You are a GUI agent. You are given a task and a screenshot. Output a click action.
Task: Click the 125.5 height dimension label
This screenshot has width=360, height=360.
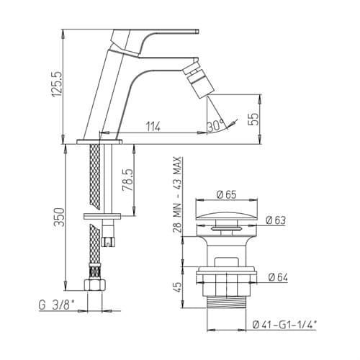(58, 84)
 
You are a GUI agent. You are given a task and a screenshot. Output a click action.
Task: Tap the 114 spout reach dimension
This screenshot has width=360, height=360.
(153, 127)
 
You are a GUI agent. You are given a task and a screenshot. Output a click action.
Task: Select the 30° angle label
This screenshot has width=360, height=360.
(216, 126)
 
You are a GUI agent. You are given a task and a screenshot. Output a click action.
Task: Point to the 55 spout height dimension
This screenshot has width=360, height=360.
(253, 119)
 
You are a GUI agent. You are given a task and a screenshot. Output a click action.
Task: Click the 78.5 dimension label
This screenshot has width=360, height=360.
(127, 179)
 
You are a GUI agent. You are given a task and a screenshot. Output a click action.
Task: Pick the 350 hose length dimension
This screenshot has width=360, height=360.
(59, 217)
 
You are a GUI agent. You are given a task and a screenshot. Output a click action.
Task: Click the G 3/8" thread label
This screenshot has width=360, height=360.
(57, 305)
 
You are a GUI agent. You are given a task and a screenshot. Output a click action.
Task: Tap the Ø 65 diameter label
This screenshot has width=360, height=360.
(227, 194)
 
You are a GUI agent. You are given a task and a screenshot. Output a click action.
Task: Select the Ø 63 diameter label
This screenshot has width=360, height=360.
(276, 220)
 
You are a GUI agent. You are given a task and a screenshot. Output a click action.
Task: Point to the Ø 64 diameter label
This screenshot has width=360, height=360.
(278, 277)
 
